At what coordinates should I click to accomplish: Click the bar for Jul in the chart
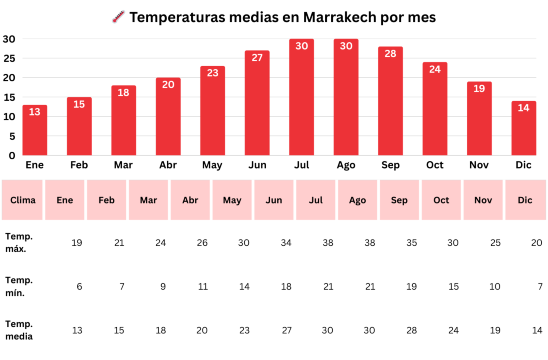click(x=301, y=98)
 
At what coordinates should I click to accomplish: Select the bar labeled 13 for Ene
click(x=35, y=130)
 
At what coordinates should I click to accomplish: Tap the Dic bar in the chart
click(x=523, y=128)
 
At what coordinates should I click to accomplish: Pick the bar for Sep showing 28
click(x=390, y=101)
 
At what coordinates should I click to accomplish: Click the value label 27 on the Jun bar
click(x=257, y=58)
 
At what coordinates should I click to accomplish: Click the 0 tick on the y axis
click(x=12, y=155)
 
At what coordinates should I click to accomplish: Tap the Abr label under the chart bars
click(x=168, y=165)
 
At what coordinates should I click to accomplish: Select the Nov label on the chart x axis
click(x=479, y=165)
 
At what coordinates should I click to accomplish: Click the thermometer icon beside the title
click(x=117, y=17)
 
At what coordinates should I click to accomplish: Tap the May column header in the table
click(x=232, y=200)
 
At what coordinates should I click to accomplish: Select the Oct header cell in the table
click(x=441, y=200)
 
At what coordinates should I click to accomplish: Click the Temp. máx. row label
click(x=19, y=243)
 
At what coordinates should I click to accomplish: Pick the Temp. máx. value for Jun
click(x=287, y=243)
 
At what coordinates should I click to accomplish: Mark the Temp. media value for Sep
click(x=411, y=329)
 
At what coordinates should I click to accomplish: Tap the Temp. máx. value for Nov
click(x=495, y=243)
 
